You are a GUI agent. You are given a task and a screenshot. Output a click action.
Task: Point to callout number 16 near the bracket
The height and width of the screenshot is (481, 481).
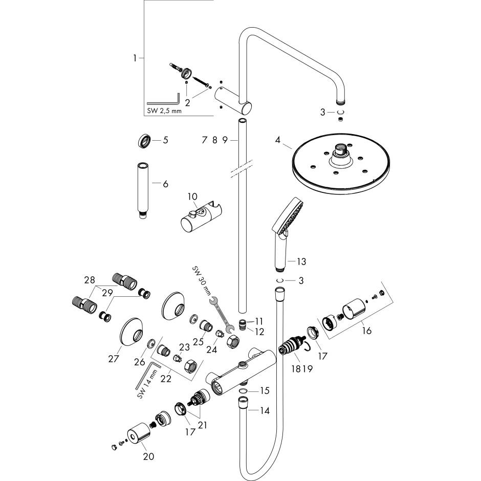pyautogui.click(x=366, y=330)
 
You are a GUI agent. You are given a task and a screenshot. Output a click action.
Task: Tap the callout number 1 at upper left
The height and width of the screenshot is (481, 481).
pyautogui.click(x=135, y=58)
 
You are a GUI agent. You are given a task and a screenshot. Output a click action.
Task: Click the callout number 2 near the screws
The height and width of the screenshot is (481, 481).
pyautogui.click(x=188, y=102)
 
